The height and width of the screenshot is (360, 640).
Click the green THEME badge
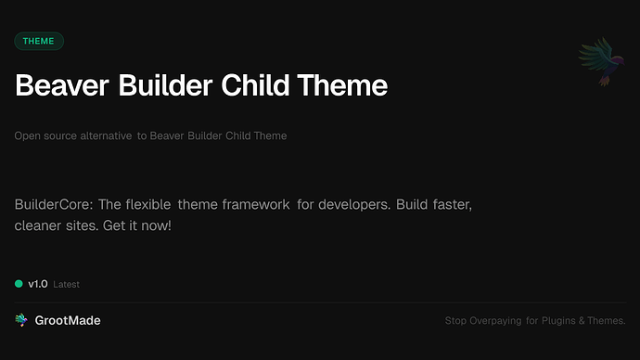(39, 41)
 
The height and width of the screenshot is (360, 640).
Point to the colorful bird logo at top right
(599, 63)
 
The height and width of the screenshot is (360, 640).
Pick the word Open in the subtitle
(27, 135)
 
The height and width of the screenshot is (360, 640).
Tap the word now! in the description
(155, 225)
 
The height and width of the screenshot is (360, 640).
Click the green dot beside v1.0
(19, 284)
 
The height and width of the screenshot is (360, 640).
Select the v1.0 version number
(37, 284)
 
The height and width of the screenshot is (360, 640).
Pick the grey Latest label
(67, 285)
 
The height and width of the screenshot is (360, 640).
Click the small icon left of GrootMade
(21, 320)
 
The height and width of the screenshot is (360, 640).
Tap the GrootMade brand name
(68, 320)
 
